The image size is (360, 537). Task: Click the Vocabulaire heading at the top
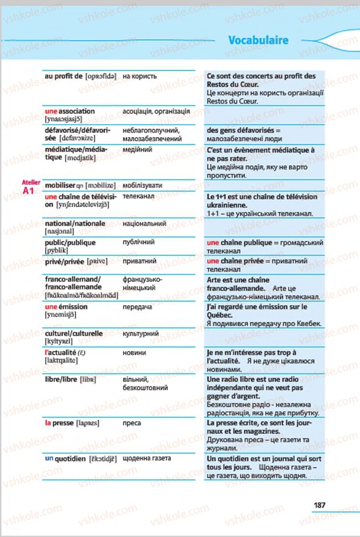tap(258, 41)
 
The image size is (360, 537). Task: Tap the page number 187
tap(319, 505)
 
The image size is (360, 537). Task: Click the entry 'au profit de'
tap(64, 76)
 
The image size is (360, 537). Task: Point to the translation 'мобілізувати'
tap(142, 186)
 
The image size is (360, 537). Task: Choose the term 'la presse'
tap(59, 423)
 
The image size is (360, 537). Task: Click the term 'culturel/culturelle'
tap(73, 334)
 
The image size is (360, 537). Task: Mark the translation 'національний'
tap(144, 224)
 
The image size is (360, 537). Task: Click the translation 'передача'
tap(137, 307)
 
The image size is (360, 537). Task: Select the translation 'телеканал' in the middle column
tap(138, 196)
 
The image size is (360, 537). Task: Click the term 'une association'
tap(70, 111)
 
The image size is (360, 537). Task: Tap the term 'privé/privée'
tap(65, 261)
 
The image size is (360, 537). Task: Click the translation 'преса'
tap(132, 423)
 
